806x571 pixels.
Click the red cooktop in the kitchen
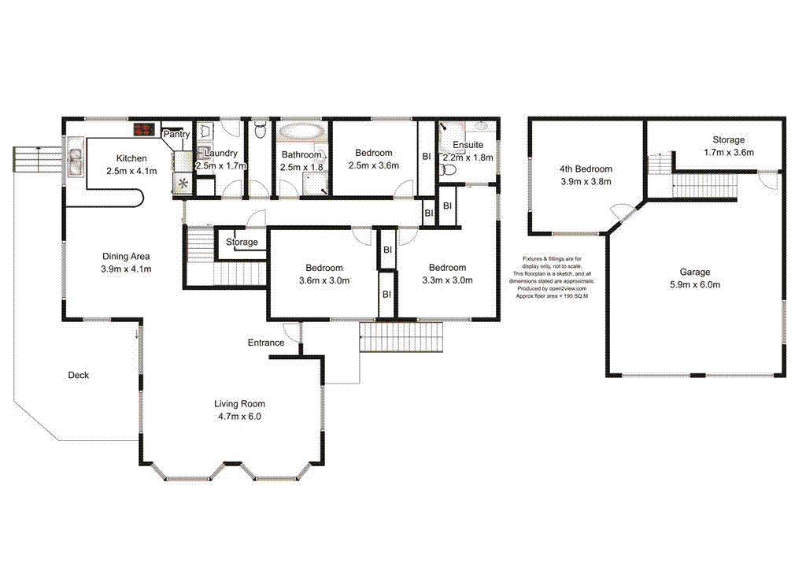[x=143, y=130]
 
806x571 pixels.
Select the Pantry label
[x=176, y=135]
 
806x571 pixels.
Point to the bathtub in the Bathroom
[x=300, y=131]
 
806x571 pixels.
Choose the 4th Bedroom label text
[x=585, y=169]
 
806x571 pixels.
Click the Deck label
[x=78, y=376]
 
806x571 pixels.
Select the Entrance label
[x=266, y=343]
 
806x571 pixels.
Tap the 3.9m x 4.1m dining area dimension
[x=126, y=269]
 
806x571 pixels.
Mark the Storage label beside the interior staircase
[x=242, y=242]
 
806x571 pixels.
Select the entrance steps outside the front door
[x=402, y=339]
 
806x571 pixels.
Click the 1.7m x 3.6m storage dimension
[x=728, y=153]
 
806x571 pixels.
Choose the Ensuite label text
[x=468, y=146]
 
